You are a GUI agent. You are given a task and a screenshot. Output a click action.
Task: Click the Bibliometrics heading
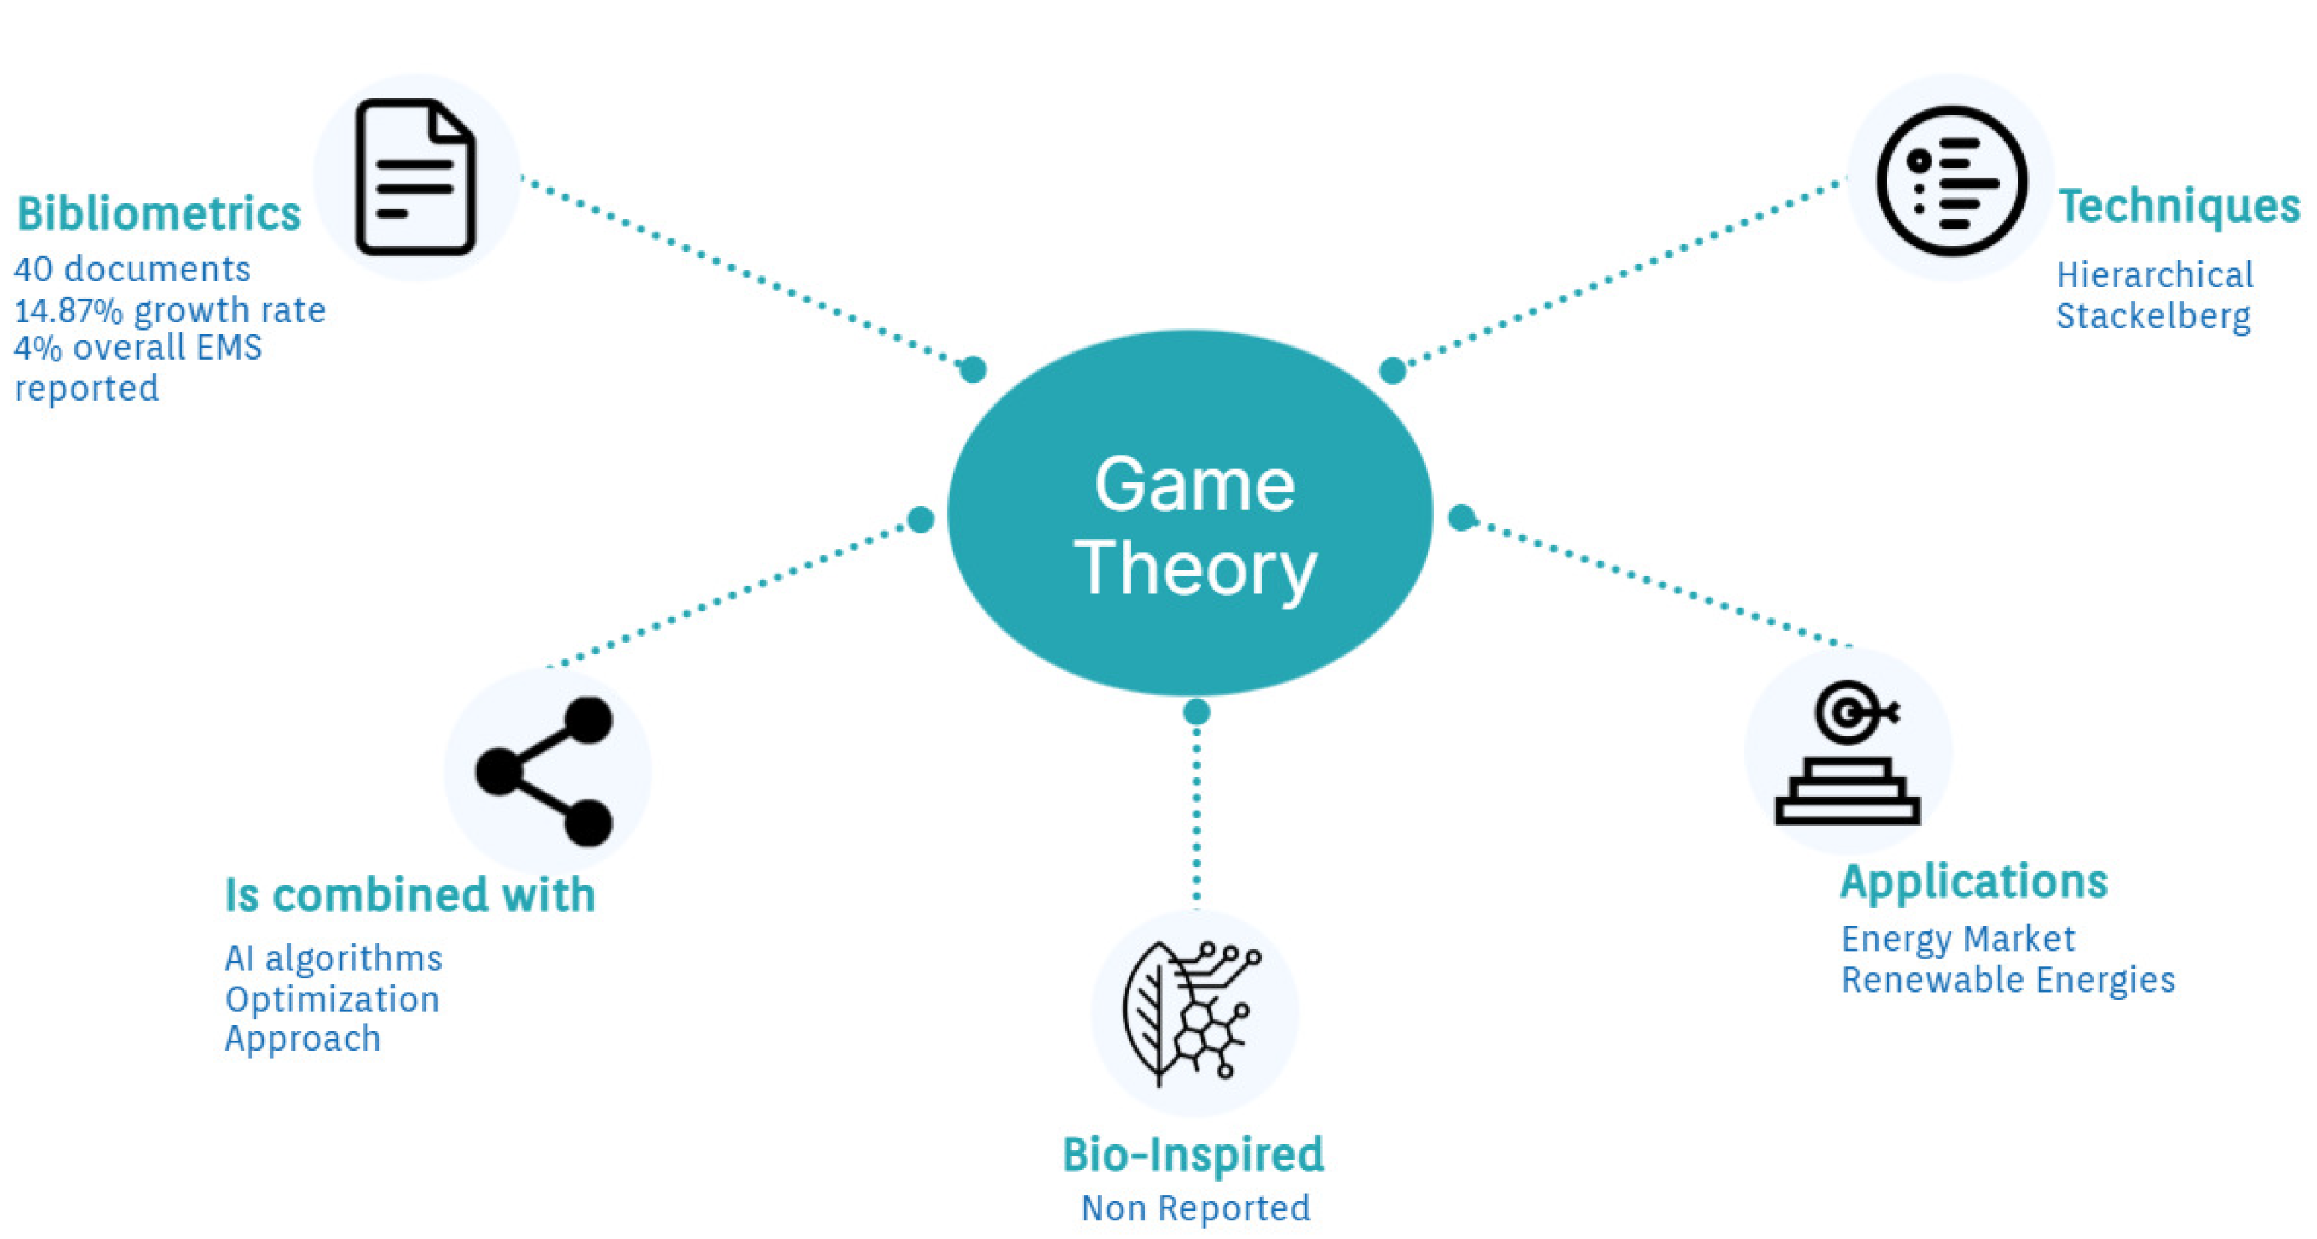coord(159,214)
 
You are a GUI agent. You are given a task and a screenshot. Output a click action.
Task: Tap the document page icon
coord(416,177)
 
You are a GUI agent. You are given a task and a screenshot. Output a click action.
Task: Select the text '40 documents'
coord(133,269)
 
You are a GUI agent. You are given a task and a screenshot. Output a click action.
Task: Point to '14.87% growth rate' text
coord(170,310)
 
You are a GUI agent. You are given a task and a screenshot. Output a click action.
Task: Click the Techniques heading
coord(2179,206)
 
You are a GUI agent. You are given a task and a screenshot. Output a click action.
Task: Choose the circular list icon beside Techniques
coord(1951,181)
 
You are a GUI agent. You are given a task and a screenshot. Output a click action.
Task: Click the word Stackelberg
coord(2153,316)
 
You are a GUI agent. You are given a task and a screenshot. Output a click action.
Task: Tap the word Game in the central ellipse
coord(1195,485)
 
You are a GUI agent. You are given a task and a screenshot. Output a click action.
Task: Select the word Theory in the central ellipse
coord(1195,568)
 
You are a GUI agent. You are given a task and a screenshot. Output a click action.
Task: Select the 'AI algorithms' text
coord(334,958)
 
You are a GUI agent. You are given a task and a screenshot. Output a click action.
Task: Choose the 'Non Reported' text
coord(1195,1208)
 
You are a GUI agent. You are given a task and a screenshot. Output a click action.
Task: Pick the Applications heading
coord(1974,882)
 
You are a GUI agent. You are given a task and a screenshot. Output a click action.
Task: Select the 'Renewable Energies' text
coord(2009,980)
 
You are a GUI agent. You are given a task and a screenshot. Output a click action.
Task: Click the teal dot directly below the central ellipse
coord(1196,712)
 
